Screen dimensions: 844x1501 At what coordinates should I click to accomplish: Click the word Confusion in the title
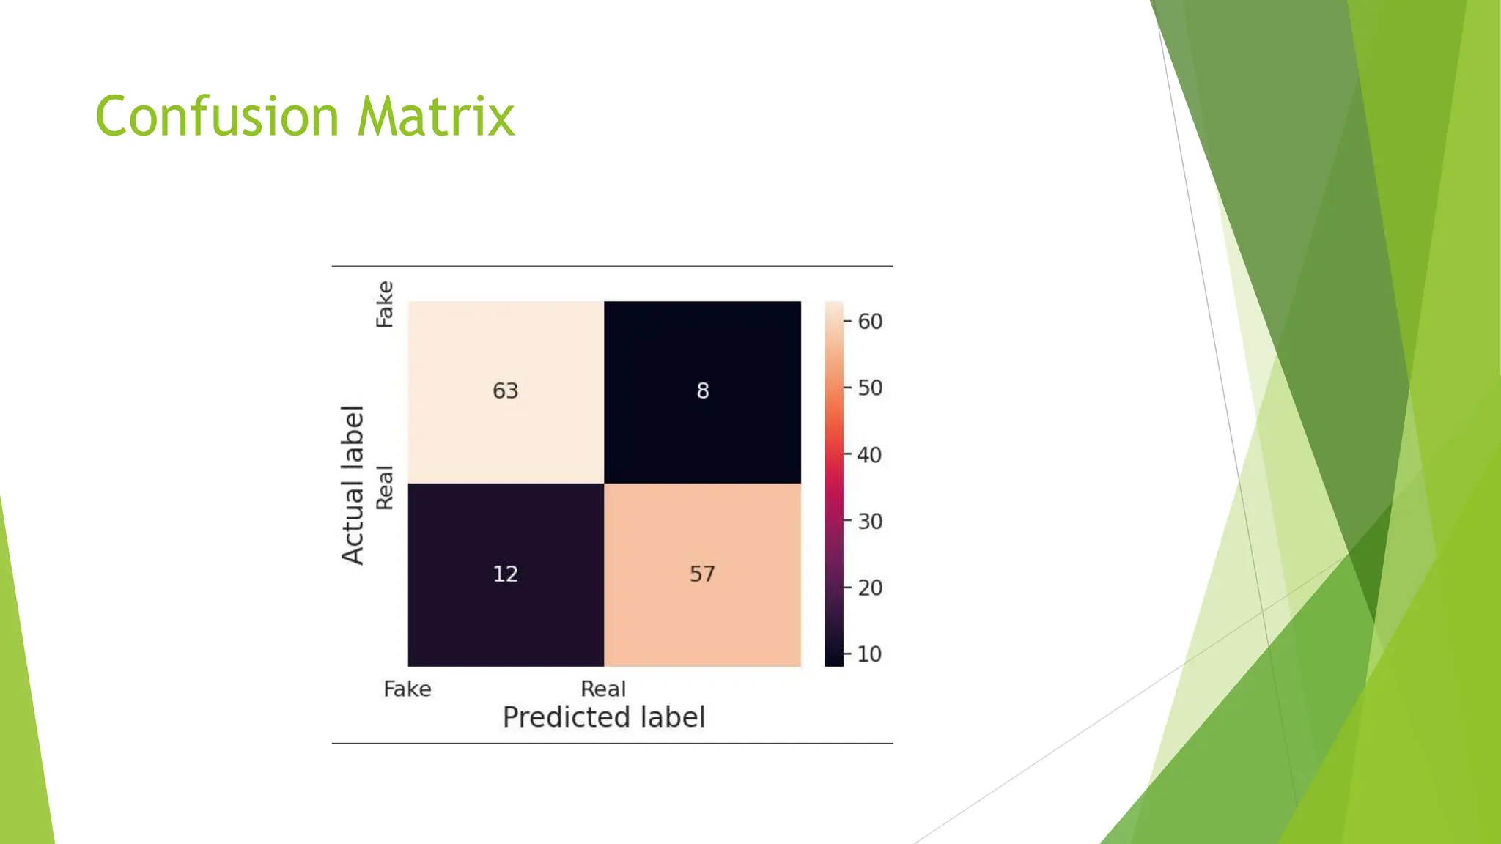click(x=217, y=116)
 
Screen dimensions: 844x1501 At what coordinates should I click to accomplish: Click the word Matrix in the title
click(x=436, y=116)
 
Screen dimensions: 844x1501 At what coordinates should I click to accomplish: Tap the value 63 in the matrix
click(x=505, y=390)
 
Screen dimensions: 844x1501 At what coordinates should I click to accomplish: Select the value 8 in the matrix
click(x=702, y=390)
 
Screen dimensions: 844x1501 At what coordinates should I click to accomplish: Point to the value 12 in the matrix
click(x=505, y=573)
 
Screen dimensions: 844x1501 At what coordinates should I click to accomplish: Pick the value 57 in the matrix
click(x=702, y=573)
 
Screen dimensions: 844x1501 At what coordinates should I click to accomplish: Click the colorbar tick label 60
click(x=870, y=321)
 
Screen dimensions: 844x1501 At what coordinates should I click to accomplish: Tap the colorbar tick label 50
click(x=870, y=388)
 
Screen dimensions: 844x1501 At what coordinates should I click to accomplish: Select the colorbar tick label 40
click(x=870, y=455)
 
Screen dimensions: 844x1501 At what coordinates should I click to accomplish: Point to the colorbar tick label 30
click(x=870, y=521)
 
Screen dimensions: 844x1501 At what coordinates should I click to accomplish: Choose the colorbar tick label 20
click(x=870, y=588)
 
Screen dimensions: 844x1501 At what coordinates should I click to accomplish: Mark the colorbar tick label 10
click(x=870, y=654)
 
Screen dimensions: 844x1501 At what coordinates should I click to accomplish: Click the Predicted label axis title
click(x=604, y=717)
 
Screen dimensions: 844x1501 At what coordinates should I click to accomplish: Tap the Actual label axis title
click(x=353, y=484)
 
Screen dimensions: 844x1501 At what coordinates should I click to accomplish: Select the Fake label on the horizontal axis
click(x=407, y=689)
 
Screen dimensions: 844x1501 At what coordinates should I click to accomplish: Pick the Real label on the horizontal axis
click(x=603, y=689)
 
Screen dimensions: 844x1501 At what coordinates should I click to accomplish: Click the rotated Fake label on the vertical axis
click(x=385, y=304)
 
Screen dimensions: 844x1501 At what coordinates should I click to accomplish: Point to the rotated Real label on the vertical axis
click(x=385, y=487)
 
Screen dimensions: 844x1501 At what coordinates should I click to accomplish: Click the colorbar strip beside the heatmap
click(x=834, y=484)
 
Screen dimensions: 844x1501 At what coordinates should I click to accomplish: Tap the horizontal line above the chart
click(x=612, y=266)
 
